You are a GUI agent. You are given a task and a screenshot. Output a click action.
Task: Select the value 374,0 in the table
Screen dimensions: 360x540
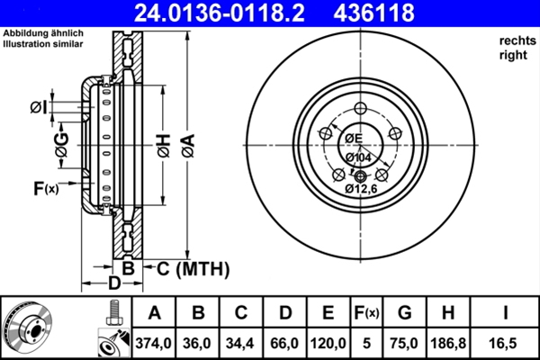point(154,343)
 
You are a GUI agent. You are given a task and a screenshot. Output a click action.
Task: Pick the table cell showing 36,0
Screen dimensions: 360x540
point(198,343)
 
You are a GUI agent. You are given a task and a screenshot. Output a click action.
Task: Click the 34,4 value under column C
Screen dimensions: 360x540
point(241,343)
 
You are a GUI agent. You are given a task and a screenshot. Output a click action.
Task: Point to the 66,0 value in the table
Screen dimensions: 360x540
point(285,343)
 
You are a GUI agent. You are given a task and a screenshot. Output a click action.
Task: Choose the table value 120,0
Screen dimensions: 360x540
point(328,343)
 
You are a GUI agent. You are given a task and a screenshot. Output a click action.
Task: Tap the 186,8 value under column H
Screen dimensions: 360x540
point(449,343)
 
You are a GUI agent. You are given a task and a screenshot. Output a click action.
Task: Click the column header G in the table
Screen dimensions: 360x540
point(404,313)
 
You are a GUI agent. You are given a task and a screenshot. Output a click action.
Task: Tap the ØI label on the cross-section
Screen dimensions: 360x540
point(37,108)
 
